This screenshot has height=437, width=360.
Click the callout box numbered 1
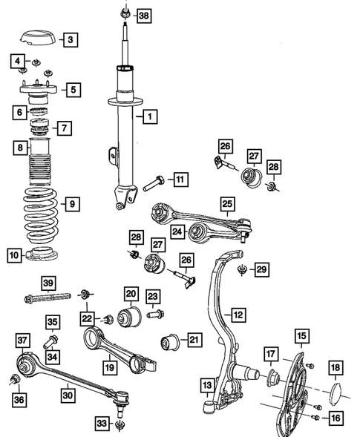tap(150, 116)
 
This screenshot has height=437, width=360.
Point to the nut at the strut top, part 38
tap(124, 13)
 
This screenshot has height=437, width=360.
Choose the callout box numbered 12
tap(238, 315)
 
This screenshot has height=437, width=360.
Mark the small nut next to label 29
tap(242, 272)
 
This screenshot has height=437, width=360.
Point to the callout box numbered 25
tap(227, 202)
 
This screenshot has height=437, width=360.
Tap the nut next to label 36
tap(15, 381)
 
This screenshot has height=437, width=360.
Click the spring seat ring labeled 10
tap(39, 257)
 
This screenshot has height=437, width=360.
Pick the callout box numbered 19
tap(109, 366)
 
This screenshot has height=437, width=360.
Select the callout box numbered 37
tap(22, 340)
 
